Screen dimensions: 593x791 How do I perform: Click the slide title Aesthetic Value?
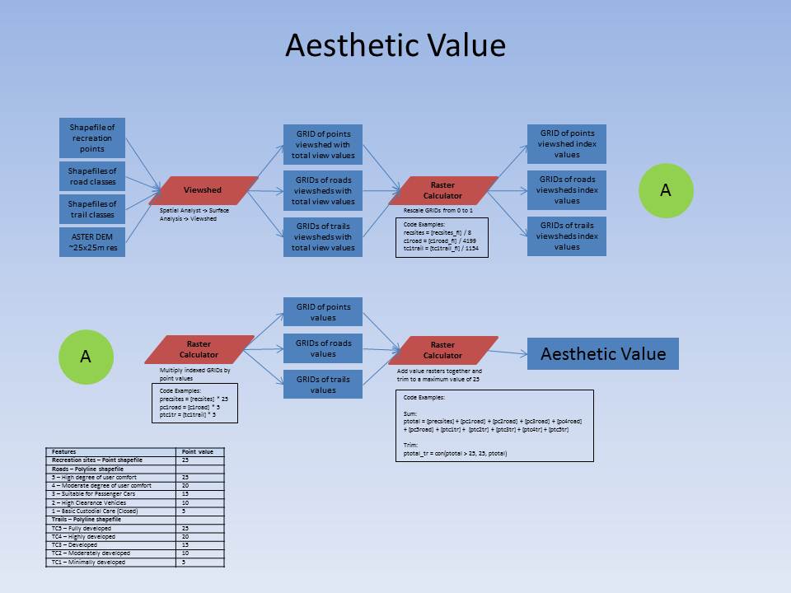pyautogui.click(x=395, y=45)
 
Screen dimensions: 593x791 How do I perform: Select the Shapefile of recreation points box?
pyautogui.click(x=92, y=138)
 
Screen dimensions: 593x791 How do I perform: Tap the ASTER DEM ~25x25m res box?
pyautogui.click(x=92, y=243)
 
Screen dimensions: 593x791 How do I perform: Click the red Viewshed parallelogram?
pyautogui.click(x=204, y=190)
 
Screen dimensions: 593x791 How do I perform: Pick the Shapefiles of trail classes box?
pyautogui.click(x=92, y=209)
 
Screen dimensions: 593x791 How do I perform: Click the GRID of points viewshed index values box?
pyautogui.click(x=567, y=144)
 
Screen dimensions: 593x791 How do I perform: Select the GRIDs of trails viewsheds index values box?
pyautogui.click(x=567, y=236)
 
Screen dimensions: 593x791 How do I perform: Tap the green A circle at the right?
pyautogui.click(x=666, y=190)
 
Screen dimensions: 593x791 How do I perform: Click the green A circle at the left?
pyautogui.click(x=85, y=356)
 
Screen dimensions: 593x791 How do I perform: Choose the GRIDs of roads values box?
pyautogui.click(x=323, y=348)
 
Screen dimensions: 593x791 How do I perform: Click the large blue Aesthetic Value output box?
pyautogui.click(x=603, y=354)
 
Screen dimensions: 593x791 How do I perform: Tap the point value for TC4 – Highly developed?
pyautogui.click(x=186, y=536)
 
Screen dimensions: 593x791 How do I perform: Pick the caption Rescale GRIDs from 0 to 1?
pyautogui.click(x=441, y=210)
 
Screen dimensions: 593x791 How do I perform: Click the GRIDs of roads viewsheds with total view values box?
pyautogui.click(x=323, y=190)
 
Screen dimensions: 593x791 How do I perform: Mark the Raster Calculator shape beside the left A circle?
pyautogui.click(x=199, y=349)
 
